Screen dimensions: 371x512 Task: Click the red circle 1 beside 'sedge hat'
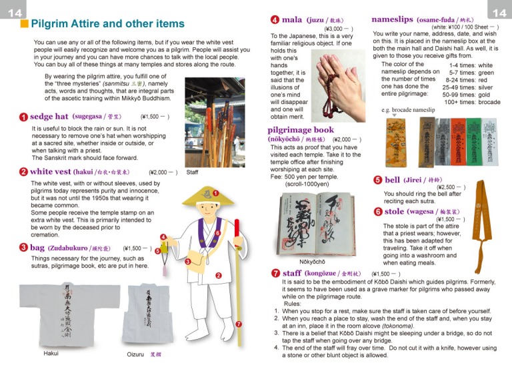[23, 117]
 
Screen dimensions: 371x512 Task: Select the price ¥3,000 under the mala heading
[334, 29]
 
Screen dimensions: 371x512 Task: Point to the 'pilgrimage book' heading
[301, 130]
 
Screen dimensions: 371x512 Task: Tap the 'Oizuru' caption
[137, 354]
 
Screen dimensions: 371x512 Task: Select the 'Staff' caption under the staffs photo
[192, 172]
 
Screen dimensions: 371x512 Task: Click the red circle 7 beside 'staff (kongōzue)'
[275, 273]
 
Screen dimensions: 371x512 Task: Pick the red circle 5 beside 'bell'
[377, 180]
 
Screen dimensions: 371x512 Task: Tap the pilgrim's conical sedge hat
[203, 194]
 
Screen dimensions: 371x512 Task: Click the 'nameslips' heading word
[393, 20]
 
